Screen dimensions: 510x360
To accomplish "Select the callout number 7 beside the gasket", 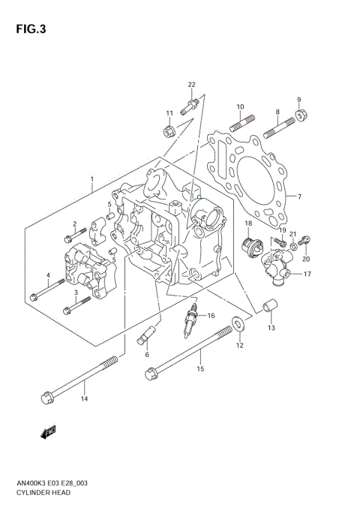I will coord(298,196).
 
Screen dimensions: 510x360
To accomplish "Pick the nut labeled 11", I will coord(169,131).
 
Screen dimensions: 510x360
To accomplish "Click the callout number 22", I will coord(191,84).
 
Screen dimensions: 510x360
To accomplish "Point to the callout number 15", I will coord(199,368).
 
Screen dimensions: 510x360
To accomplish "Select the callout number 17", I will coord(307,275).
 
